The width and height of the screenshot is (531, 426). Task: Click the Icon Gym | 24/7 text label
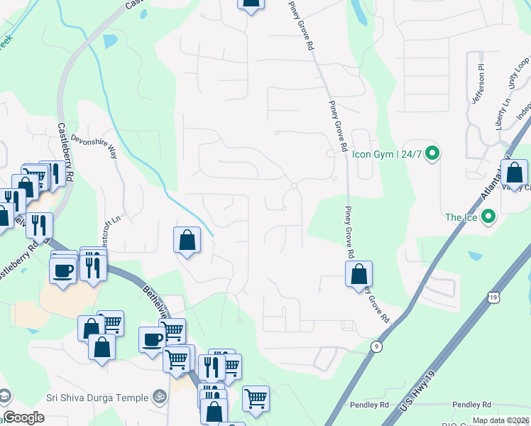pos(387,153)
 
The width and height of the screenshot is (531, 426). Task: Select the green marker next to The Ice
pos(488,217)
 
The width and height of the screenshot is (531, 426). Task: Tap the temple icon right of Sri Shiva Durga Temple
pos(160,398)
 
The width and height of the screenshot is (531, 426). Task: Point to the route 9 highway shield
pos(376,346)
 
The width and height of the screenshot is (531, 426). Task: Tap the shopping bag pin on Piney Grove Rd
pos(359,273)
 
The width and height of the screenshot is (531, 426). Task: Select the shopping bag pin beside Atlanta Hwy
pos(514,173)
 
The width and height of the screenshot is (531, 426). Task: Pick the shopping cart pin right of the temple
pos(256,398)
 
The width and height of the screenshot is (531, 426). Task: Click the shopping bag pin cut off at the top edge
pos(250,4)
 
